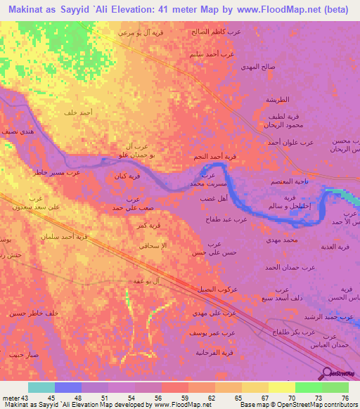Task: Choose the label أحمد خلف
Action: [79, 112]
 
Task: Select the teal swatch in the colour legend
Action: [41, 387]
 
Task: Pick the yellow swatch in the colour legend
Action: [281, 387]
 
